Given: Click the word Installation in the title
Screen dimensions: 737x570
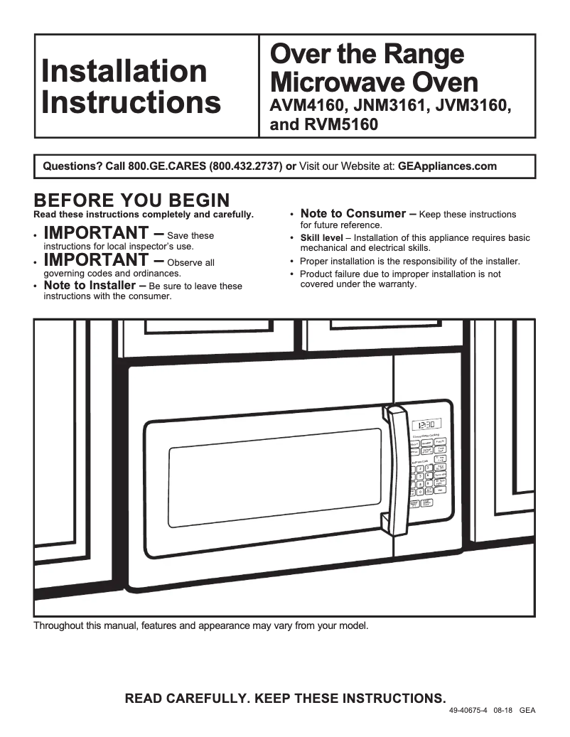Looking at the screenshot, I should click(124, 71).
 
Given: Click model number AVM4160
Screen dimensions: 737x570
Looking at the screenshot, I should click(308, 106).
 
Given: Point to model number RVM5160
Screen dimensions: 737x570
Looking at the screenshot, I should click(338, 125).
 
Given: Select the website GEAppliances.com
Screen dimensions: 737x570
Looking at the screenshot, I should click(447, 167).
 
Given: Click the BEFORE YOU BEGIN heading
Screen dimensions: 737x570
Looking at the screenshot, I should click(131, 200).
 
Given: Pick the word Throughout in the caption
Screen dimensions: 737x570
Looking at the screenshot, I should click(59, 626).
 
